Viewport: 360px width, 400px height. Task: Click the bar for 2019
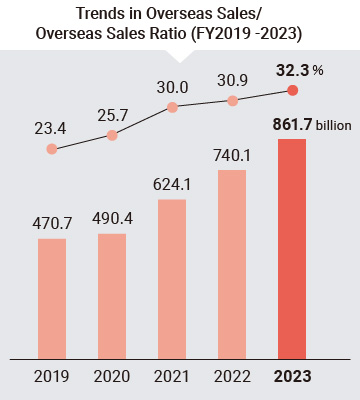[x=53, y=298]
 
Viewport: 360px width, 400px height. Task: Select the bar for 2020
[x=112, y=295]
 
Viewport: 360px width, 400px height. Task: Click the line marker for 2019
[x=53, y=149]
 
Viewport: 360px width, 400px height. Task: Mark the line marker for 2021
[x=172, y=106]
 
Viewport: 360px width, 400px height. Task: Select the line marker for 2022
[x=232, y=100]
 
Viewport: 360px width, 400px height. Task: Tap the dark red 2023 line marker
[x=292, y=90]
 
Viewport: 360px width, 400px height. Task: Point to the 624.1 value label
[x=172, y=185]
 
